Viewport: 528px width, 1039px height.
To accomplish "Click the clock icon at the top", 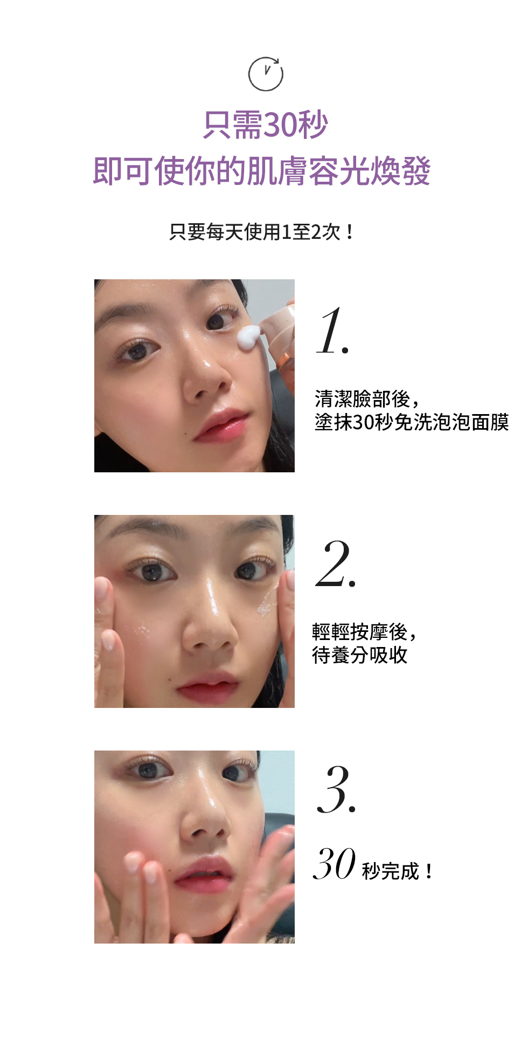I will point(265,74).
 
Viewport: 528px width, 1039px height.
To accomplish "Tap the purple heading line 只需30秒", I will point(265,125).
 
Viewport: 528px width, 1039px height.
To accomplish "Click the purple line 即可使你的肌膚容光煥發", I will point(262,171).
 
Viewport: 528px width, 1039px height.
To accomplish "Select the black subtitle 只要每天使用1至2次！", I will point(262,232).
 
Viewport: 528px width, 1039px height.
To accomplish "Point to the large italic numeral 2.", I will point(335,564).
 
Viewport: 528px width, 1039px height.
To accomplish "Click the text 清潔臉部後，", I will point(366,399).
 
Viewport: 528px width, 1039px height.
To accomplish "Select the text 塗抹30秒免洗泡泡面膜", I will point(412,422).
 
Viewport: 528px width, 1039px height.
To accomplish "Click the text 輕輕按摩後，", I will point(364,631).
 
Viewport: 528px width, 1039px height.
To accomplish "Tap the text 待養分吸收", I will point(359,655).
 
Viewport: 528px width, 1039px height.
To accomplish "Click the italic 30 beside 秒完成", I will point(334,864).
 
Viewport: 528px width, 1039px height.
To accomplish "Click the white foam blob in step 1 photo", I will point(249,338).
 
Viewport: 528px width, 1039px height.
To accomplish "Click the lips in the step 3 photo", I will point(203,875).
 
